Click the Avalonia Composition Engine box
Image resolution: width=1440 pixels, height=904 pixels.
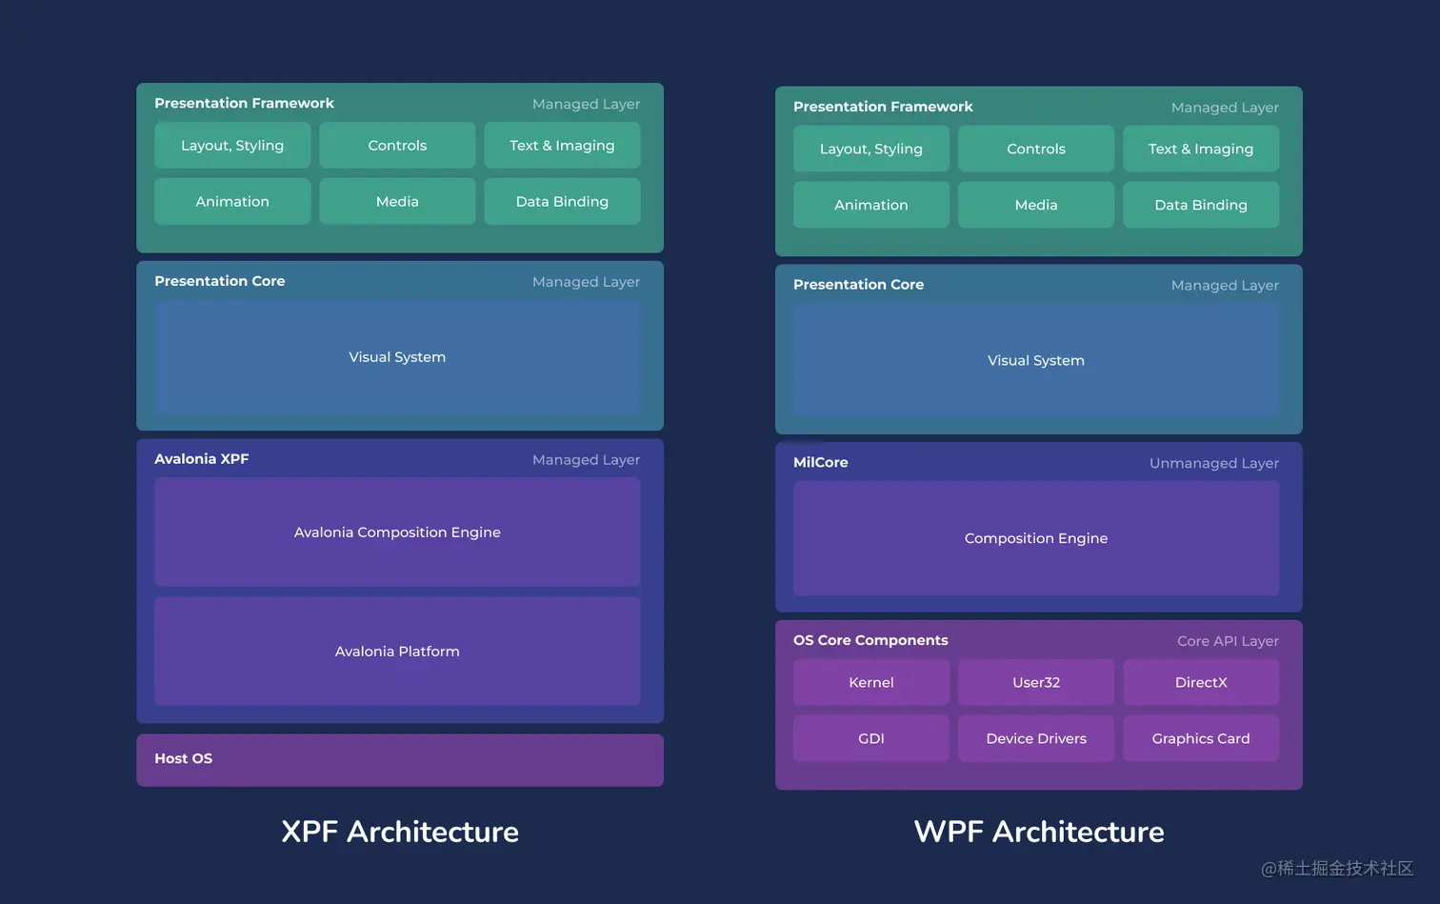click(x=397, y=532)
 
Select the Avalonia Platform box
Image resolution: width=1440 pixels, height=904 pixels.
click(x=397, y=651)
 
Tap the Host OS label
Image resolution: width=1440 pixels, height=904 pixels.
click(x=184, y=758)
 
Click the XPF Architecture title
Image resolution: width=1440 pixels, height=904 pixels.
click(x=400, y=832)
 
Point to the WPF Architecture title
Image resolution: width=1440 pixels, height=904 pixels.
click(x=1038, y=832)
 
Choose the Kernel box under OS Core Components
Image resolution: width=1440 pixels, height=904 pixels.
click(x=870, y=682)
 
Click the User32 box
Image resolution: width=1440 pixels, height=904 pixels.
click(x=1035, y=682)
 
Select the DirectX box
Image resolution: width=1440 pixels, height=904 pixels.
click(x=1200, y=682)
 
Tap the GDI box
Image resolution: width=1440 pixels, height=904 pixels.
click(x=870, y=738)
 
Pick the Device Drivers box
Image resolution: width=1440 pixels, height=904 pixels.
click(x=1035, y=738)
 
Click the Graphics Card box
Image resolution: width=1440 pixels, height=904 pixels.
click(x=1200, y=738)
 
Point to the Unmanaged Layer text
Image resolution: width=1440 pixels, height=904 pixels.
click(x=1213, y=463)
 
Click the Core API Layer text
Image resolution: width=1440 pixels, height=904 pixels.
click(x=1227, y=641)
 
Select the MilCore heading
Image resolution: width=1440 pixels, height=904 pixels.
click(x=820, y=462)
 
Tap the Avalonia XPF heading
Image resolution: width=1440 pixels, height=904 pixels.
click(x=201, y=458)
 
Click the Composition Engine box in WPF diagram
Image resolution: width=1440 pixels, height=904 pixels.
click(x=1035, y=538)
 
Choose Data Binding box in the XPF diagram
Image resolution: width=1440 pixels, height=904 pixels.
click(x=562, y=201)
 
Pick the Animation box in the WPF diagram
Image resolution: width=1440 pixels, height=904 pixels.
click(x=870, y=205)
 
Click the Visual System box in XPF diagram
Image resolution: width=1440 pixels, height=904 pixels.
click(x=397, y=357)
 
